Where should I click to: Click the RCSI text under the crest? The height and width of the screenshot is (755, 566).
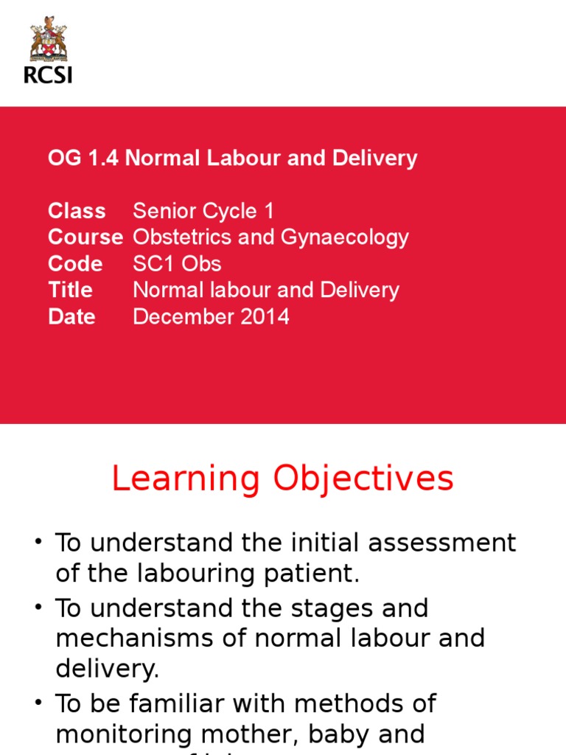tap(48, 74)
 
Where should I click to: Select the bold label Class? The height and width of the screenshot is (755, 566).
tap(77, 211)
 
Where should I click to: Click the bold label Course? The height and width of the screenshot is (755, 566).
tap(85, 237)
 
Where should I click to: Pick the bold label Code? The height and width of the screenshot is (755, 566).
tap(75, 264)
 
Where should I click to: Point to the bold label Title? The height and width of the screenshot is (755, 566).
tap(71, 290)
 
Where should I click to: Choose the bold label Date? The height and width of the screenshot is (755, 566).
tap(71, 317)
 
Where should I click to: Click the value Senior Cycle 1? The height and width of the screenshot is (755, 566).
tap(203, 211)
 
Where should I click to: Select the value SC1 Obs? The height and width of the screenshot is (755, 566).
tap(177, 264)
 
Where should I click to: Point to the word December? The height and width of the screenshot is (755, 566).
tap(181, 317)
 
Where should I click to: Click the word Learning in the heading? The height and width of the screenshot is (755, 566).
tap(186, 479)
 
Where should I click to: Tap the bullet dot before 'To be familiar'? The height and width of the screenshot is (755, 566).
tap(38, 703)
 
